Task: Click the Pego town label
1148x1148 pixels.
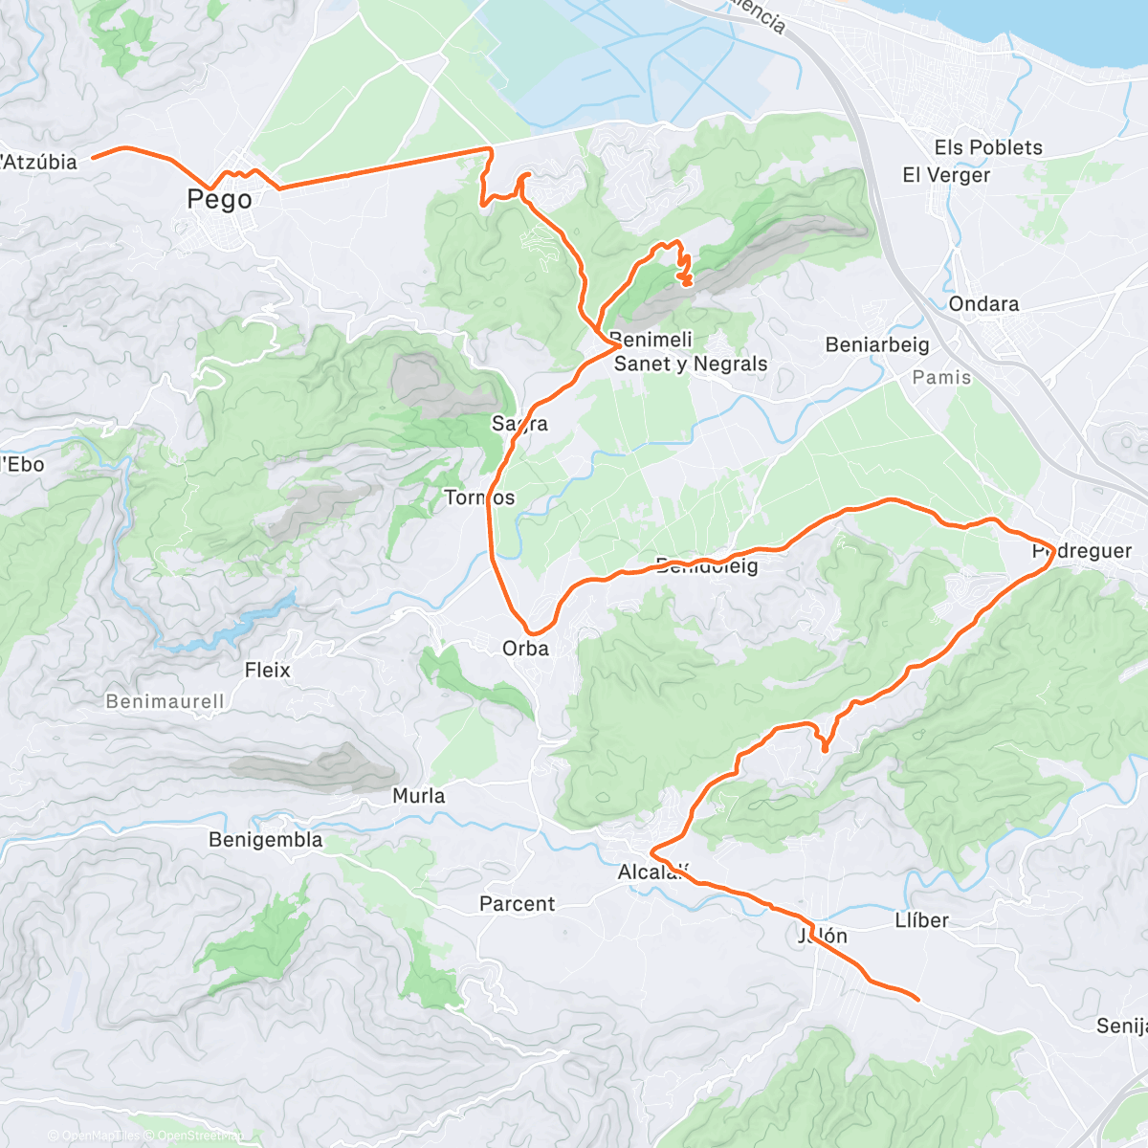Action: [x=219, y=200]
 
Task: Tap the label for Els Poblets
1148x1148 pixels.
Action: [x=987, y=147]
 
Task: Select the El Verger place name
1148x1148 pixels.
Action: [x=945, y=175]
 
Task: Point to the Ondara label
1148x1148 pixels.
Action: [x=983, y=304]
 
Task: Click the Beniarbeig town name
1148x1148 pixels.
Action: [x=876, y=345]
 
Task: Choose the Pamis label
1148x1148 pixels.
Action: [x=941, y=378]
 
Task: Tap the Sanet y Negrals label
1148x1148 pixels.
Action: [x=690, y=364]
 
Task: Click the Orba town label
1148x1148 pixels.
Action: [x=525, y=649]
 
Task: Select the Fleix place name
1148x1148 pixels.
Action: [x=267, y=670]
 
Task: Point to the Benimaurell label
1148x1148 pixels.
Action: [x=165, y=701]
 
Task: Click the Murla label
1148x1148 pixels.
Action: [x=418, y=796]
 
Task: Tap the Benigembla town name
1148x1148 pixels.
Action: [x=265, y=840]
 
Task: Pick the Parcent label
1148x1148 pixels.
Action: [x=517, y=904]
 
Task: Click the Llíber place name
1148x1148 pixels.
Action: [x=921, y=920]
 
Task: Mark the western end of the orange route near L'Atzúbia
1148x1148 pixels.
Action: [x=94, y=156]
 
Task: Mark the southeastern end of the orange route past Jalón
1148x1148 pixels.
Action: [x=917, y=1000]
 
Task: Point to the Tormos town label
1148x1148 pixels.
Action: [x=479, y=497]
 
